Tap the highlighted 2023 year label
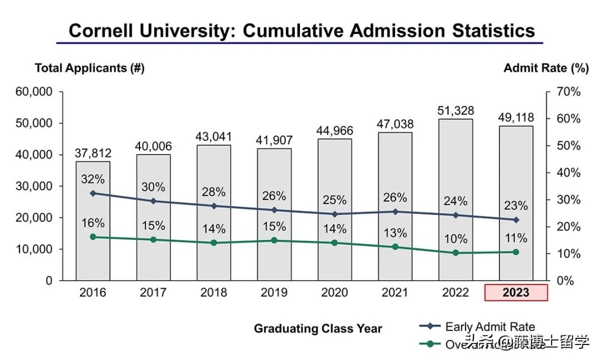click(516, 292)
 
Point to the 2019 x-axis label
click(274, 292)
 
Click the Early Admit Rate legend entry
click(489, 327)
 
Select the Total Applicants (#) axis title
click(89, 68)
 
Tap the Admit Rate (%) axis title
click(546, 68)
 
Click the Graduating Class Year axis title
click(318, 328)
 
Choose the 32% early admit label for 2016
click(93, 179)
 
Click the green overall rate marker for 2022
click(456, 253)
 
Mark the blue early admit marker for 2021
click(395, 212)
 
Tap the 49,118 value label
click(516, 117)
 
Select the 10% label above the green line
click(456, 239)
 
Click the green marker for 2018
click(213, 243)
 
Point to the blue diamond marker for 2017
click(153, 201)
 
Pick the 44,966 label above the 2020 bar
click(334, 131)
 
